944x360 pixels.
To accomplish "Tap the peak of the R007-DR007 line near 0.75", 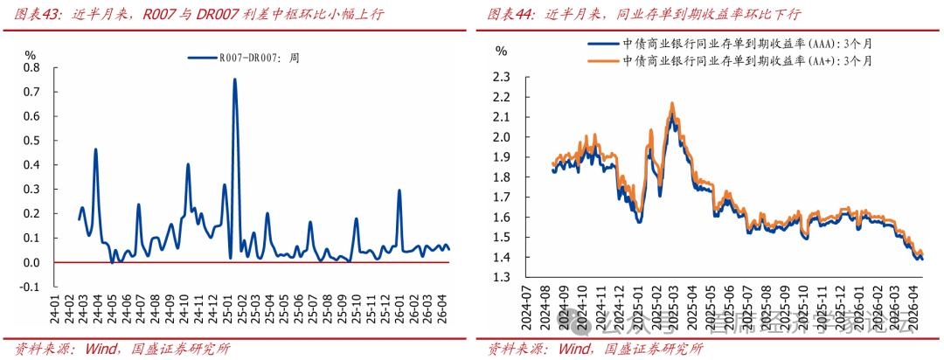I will point(234,80).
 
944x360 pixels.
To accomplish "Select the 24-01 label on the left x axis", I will point(57,306).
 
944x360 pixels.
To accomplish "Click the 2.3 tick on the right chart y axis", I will point(501,77).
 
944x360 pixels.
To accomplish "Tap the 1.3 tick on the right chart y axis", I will point(501,278).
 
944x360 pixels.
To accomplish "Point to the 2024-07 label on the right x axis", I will point(526,311).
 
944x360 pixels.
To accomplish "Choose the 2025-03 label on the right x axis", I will point(672,311).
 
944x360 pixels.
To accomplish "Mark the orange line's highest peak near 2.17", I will point(672,103).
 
